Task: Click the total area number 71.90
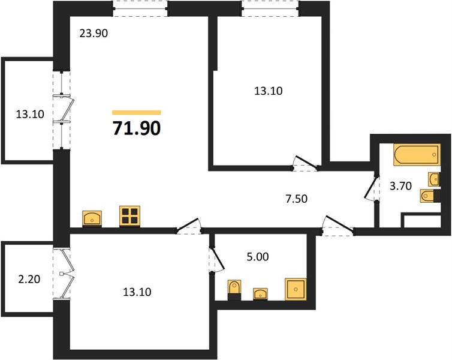136,128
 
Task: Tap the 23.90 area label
94,34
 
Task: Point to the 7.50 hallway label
297,199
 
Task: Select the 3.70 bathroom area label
400,186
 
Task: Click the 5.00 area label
258,256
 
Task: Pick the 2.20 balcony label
29,279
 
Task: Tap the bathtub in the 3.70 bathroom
417,155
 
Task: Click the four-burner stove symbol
129,216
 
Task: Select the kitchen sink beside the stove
92,218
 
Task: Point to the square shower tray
296,289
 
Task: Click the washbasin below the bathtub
435,179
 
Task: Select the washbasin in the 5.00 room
260,294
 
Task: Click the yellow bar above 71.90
136,113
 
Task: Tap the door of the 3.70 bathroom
370,187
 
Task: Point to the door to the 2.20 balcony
67,273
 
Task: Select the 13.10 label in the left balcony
30,114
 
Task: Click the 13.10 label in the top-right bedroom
269,91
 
